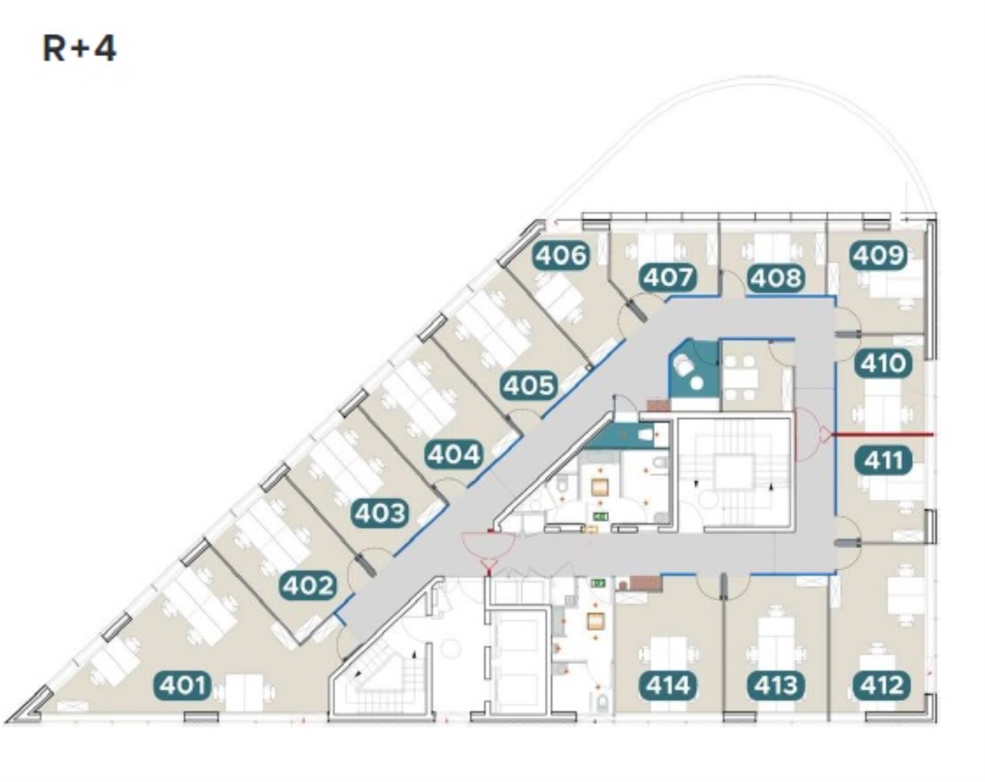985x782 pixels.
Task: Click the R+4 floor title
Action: click(80, 49)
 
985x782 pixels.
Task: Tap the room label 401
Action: click(183, 685)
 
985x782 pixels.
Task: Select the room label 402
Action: click(308, 586)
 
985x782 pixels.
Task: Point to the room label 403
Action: click(380, 513)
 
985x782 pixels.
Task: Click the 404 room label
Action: click(454, 455)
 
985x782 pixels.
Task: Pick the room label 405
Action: click(529, 385)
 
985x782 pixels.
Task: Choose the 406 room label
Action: click(561, 255)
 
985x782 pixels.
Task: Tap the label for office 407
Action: click(668, 278)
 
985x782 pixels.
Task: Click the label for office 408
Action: click(776, 278)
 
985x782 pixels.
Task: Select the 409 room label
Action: click(879, 255)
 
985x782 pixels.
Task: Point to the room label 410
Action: click(883, 363)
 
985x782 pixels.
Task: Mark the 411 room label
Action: click(883, 460)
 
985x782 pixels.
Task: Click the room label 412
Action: click(882, 685)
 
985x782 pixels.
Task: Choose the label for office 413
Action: click(776, 685)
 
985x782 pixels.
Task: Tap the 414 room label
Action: click(668, 685)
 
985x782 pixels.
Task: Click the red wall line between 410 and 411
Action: click(882, 434)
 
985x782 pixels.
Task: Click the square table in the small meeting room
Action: click(740, 378)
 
